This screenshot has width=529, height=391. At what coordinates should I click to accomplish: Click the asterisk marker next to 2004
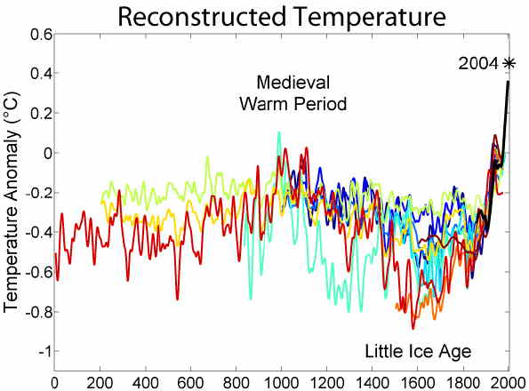click(x=509, y=63)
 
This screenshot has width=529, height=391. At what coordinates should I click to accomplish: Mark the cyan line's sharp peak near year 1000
click(x=280, y=133)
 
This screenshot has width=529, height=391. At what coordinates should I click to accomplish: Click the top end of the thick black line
click(x=509, y=83)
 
